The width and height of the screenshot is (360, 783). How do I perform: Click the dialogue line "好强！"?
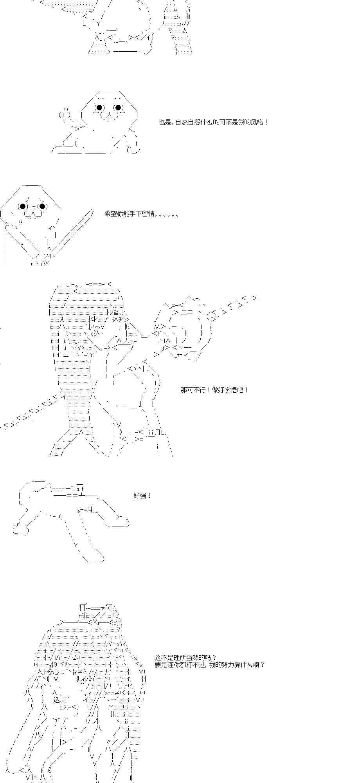click(142, 496)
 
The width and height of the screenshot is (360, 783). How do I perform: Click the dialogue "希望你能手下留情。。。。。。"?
click(142, 214)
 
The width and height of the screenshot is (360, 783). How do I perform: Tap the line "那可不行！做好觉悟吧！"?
click(214, 390)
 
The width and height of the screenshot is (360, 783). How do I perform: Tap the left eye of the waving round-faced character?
click(99, 108)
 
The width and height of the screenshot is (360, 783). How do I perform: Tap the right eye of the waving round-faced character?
click(118, 108)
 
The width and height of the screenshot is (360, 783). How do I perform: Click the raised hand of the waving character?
click(65, 114)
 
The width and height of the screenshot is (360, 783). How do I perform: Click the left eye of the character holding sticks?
click(23, 206)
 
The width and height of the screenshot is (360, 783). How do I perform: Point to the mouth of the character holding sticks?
click(32, 214)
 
